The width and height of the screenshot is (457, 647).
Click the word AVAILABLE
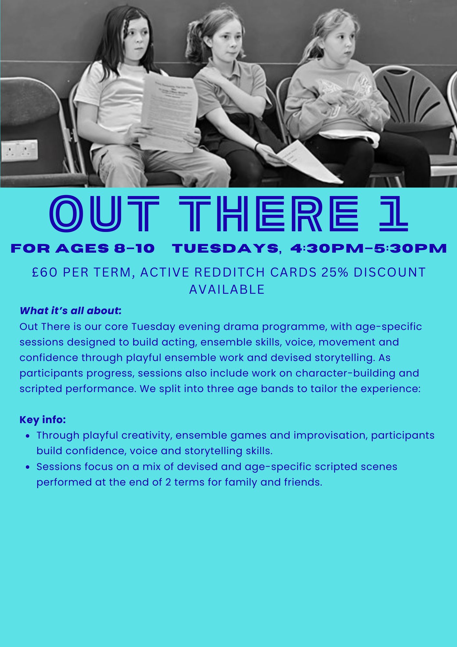pyautogui.click(x=227, y=289)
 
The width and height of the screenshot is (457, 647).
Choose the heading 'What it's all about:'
pyautogui.click(x=70, y=311)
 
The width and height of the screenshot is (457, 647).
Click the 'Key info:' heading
pyautogui.click(x=43, y=420)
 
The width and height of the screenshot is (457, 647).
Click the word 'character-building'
pyautogui.click(x=345, y=373)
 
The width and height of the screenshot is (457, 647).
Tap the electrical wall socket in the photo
pyautogui.click(x=19, y=150)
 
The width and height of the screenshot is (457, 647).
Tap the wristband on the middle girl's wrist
pyautogui.click(x=257, y=147)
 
